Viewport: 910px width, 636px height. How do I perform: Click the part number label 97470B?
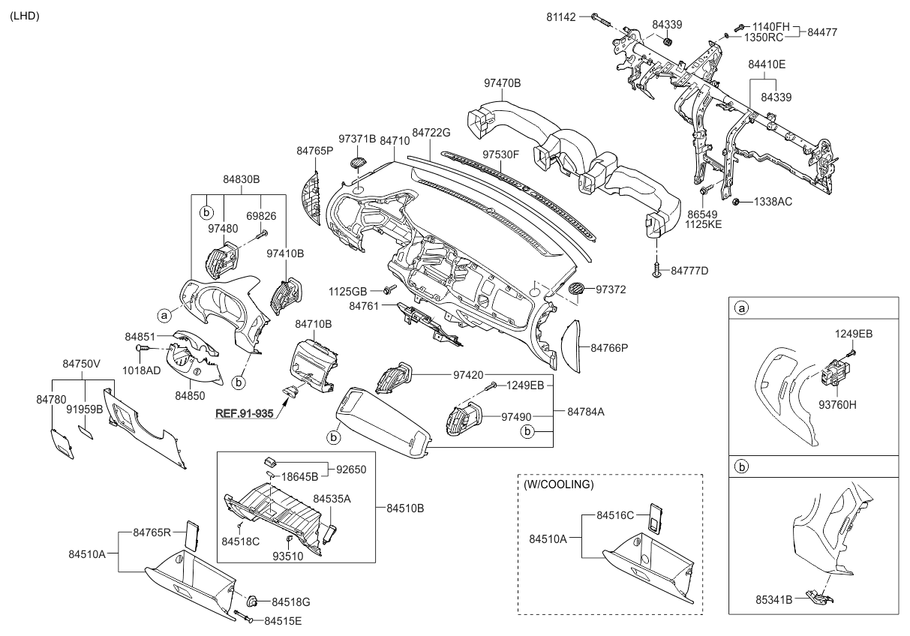(x=503, y=83)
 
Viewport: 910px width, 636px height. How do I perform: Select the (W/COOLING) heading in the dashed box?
(x=558, y=484)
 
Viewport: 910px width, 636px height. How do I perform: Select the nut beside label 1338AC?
(x=737, y=201)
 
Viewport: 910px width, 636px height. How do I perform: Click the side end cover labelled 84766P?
(x=573, y=346)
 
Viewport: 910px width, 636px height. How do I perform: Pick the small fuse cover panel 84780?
(x=61, y=443)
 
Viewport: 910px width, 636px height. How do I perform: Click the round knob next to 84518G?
(x=254, y=600)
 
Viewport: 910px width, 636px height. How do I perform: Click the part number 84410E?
(x=766, y=65)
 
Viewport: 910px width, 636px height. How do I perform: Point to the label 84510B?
(x=405, y=508)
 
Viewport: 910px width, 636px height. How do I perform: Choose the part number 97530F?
(x=501, y=154)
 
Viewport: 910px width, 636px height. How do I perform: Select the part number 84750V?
(x=81, y=364)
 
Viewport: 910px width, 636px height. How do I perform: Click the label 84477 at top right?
(x=823, y=32)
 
